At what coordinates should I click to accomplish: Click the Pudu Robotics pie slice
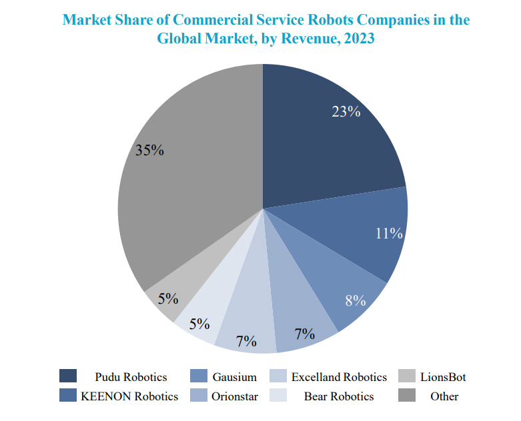320,147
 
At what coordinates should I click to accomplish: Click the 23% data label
346,112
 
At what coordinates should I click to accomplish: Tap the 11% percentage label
389,234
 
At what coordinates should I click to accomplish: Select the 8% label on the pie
355,301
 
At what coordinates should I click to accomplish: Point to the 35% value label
149,151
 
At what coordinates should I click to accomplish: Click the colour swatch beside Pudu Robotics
68,377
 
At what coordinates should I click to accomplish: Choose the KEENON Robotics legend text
129,396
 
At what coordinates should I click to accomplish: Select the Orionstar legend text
234,396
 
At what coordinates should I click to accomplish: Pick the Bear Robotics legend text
339,396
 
